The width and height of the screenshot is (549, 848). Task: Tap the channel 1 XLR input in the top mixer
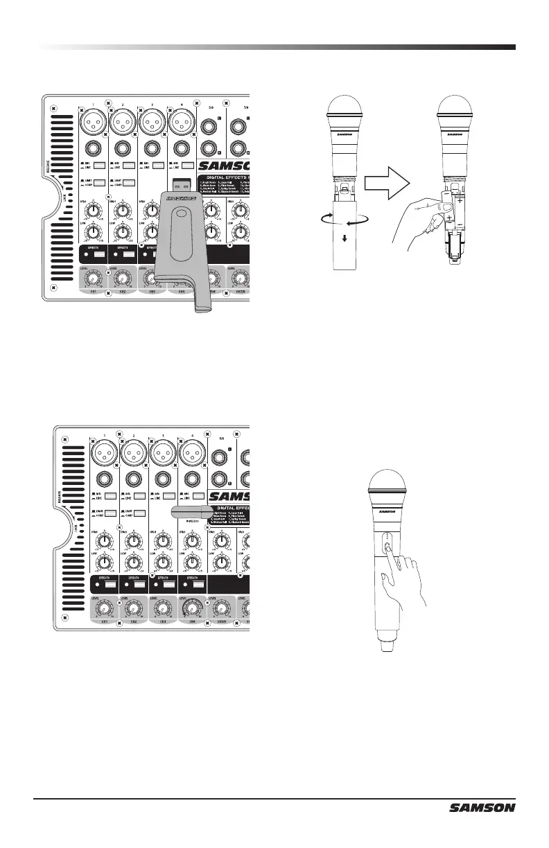point(93,123)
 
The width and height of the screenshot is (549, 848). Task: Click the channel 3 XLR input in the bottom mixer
point(164,455)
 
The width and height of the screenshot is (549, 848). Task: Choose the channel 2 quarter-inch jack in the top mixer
point(123,147)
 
